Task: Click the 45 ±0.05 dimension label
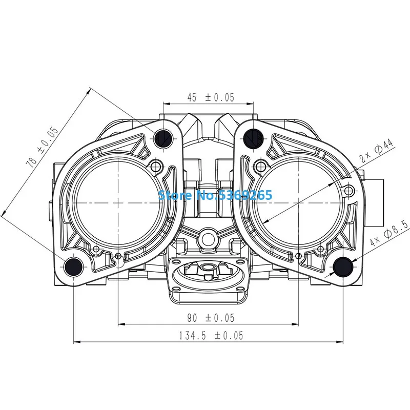click(211, 97)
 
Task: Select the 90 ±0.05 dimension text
click(211, 318)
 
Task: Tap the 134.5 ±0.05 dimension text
click(211, 336)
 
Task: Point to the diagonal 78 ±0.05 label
click(42, 148)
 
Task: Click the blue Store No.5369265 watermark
click(215, 195)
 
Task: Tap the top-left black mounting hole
click(163, 138)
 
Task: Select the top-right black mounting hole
click(253, 138)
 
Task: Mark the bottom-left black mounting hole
click(74, 266)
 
